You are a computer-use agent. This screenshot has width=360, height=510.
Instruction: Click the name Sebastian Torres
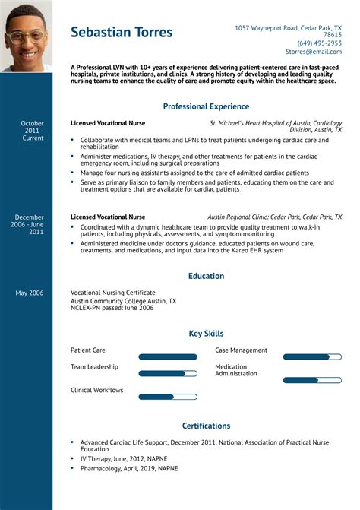[122, 32]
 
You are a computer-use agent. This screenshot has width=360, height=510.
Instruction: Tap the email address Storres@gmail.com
[314, 52]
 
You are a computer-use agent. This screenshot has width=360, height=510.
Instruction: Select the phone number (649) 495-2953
[319, 43]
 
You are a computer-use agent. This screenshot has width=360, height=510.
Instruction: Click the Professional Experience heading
[206, 106]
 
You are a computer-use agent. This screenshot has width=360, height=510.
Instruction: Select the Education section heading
[206, 276]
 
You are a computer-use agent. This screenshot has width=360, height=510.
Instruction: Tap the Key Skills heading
[206, 334]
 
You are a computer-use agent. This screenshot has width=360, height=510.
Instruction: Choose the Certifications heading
[206, 426]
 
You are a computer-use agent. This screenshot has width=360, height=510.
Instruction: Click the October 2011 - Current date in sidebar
[32, 130]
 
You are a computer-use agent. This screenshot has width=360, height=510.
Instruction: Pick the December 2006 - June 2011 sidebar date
[30, 224]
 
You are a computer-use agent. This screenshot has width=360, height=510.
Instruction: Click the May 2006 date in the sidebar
[30, 293]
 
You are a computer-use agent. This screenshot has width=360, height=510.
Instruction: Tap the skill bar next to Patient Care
[168, 356]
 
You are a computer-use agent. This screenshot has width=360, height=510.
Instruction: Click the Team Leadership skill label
[94, 366]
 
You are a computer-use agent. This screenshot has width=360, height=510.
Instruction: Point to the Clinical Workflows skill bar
[168, 396]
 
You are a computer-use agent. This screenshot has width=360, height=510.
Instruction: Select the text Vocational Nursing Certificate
[112, 293]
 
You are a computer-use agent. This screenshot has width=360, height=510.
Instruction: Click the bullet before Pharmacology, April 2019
[72, 468]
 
